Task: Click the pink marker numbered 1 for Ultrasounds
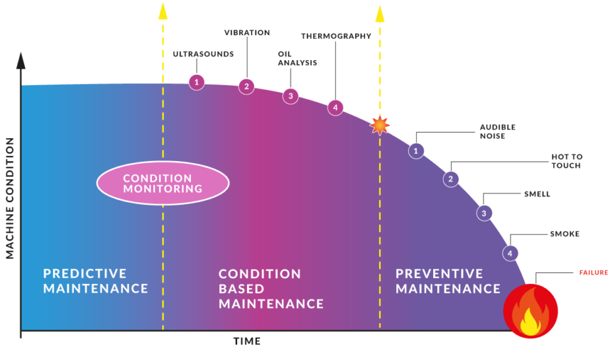coord(196,82)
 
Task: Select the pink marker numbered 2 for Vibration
coord(246,86)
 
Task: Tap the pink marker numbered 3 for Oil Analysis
coord(290,96)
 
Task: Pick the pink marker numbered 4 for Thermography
coord(335,107)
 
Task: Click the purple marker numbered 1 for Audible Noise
coord(416,151)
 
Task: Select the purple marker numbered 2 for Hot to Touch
coord(451,178)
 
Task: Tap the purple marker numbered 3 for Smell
coord(484,213)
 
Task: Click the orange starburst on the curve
coord(380,124)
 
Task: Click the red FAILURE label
coord(594,273)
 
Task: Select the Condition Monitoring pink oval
coord(162,184)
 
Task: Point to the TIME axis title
coord(247,342)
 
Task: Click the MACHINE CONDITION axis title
coord(10,198)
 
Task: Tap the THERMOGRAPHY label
coord(336,36)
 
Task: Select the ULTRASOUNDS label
coord(203,54)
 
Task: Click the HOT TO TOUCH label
coord(566,161)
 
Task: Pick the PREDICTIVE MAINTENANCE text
coord(96,281)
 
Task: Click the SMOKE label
coord(564,234)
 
